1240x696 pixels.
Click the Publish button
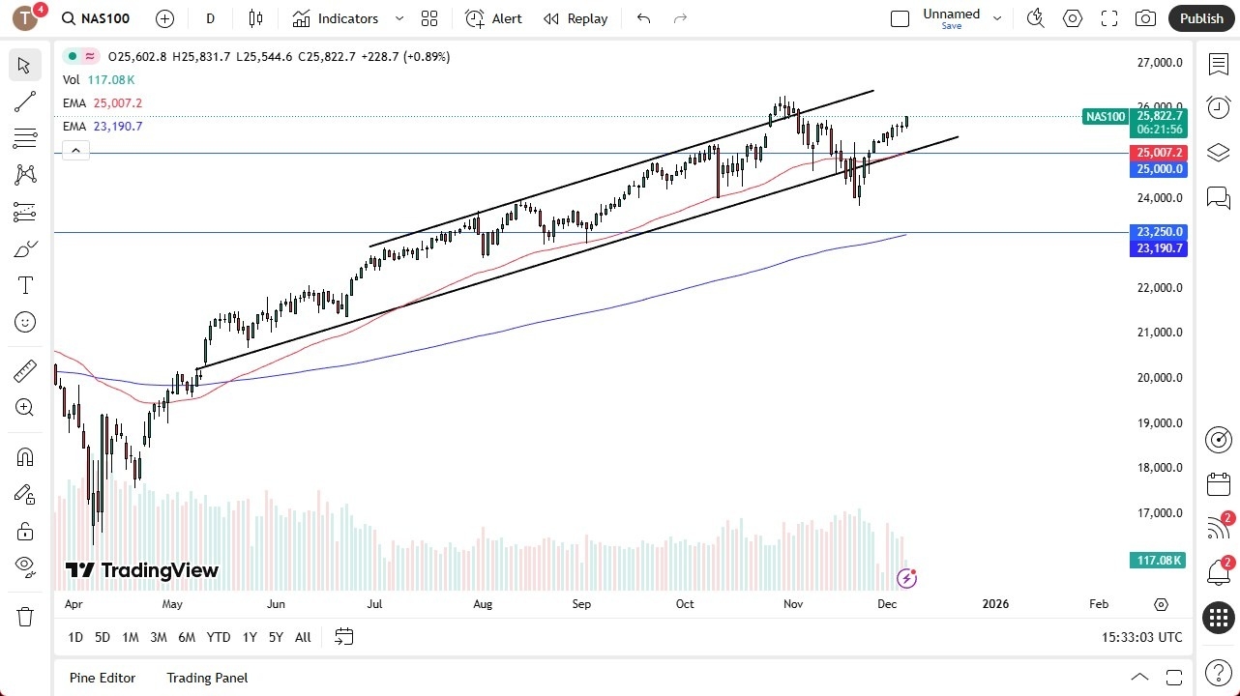(x=1201, y=18)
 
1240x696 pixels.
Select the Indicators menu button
(x=347, y=18)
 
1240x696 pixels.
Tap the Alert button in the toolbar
(x=493, y=18)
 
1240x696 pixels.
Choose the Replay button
(x=576, y=18)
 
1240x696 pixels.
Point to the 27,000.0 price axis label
(x=1160, y=63)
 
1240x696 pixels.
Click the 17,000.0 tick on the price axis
(x=1160, y=513)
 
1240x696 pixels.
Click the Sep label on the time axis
(x=581, y=604)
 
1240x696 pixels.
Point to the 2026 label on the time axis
(x=995, y=604)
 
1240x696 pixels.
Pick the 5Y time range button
(x=276, y=637)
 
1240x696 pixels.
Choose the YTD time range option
(x=219, y=637)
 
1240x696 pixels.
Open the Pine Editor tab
(x=103, y=678)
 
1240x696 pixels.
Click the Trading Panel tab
(x=207, y=678)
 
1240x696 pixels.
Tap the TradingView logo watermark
(x=142, y=570)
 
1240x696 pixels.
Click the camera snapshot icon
(x=1145, y=18)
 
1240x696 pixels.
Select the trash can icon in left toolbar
(x=25, y=617)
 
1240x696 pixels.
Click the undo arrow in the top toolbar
(x=643, y=18)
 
